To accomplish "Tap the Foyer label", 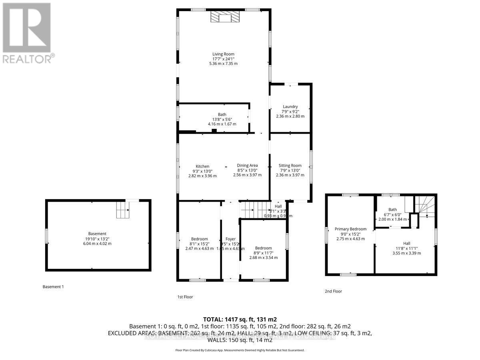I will tap(230, 239).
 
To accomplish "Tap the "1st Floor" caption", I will tap(185, 297).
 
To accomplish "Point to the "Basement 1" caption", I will tap(53, 287).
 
